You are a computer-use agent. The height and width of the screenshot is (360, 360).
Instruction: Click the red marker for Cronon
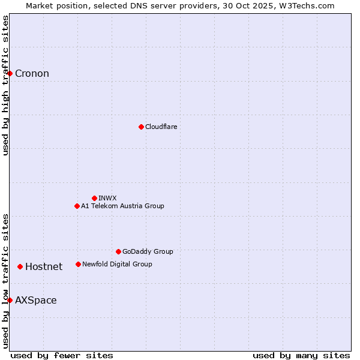(10, 73)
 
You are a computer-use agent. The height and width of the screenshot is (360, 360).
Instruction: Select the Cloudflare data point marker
(141, 127)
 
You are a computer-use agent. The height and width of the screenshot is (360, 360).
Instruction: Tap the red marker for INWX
(94, 198)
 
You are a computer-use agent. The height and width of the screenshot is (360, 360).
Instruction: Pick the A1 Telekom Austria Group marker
(77, 206)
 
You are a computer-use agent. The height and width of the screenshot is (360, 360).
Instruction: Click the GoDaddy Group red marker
(118, 251)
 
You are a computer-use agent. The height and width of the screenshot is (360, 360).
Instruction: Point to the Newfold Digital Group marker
(78, 264)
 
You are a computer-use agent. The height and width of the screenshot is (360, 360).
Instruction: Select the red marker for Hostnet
(20, 266)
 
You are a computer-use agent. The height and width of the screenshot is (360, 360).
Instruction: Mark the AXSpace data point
(10, 300)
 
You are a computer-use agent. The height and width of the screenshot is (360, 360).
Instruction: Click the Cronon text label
(32, 74)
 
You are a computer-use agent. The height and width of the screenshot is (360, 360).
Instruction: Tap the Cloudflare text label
(161, 127)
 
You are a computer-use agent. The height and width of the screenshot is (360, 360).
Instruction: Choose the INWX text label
(107, 198)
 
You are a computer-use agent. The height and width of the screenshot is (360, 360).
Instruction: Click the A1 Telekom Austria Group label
(122, 206)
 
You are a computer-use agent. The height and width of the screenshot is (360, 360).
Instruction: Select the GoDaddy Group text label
(148, 251)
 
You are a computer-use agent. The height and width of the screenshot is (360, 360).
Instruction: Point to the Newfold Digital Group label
(117, 264)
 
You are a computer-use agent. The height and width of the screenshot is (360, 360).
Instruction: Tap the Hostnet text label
(44, 267)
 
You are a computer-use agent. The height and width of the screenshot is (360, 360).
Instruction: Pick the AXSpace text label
(36, 301)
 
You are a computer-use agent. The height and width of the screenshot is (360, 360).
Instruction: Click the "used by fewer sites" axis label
(62, 355)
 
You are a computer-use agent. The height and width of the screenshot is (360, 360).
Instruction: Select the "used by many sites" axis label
(301, 355)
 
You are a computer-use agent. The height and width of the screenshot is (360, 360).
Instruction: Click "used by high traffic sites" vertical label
(6, 85)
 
